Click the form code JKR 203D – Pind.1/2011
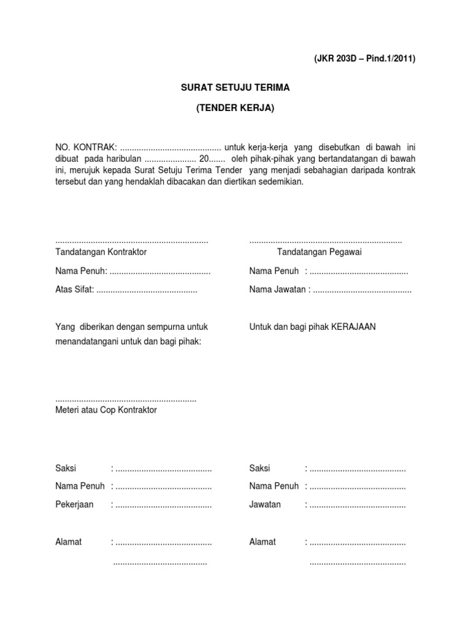tap(364, 59)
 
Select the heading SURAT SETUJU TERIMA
tap(235, 88)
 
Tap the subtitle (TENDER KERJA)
tap(235, 109)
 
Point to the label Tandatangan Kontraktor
tap(101, 251)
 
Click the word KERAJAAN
tap(354, 327)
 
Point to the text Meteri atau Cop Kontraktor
tap(106, 410)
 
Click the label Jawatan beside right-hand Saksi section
tap(265, 505)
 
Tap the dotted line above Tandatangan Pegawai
tap(326, 241)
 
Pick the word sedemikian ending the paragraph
tap(281, 182)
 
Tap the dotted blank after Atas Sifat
tap(147, 290)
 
